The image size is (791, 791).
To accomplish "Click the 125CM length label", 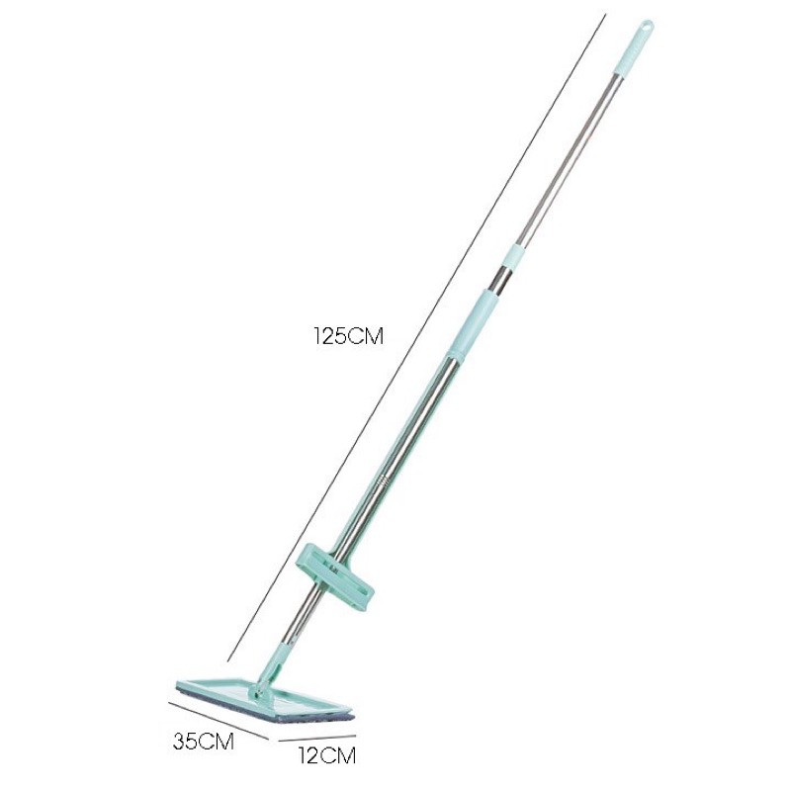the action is click(x=348, y=336).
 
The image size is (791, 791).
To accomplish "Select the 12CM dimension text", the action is click(x=326, y=755).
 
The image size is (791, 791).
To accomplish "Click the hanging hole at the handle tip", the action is click(x=647, y=26).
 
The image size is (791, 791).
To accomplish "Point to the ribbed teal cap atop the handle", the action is click(x=634, y=47).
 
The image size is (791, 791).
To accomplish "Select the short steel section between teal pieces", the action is click(x=502, y=278).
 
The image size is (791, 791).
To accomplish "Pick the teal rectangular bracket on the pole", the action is click(x=336, y=576).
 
